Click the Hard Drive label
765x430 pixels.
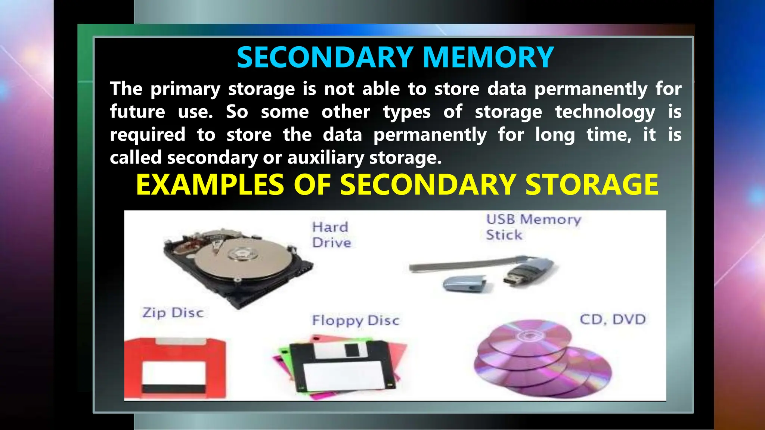[x=331, y=235]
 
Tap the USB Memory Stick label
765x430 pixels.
[x=533, y=227]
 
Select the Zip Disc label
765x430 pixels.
[x=173, y=312]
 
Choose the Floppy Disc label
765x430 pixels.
[x=356, y=320]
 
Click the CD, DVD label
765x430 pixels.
[x=613, y=320]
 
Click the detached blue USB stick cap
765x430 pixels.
[x=464, y=284]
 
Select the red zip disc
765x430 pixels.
[x=175, y=368]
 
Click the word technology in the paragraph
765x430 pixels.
[x=605, y=112]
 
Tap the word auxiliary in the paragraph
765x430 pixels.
[x=325, y=158]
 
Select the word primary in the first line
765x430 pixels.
[x=185, y=89]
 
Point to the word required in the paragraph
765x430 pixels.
[x=148, y=135]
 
